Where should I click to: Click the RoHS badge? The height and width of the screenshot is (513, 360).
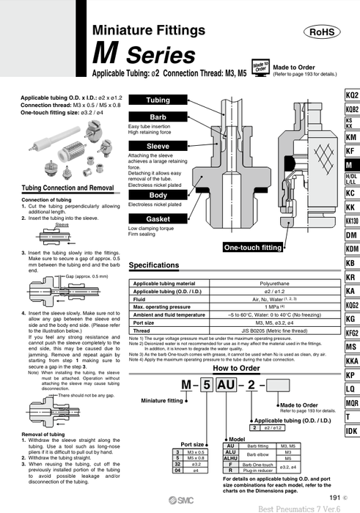[325, 32]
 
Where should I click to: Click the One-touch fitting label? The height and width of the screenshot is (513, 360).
[252, 247]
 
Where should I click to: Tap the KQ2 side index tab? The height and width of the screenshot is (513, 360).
[351, 96]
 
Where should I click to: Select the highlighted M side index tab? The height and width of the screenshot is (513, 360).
[351, 166]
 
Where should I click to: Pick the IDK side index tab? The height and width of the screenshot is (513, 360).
[351, 430]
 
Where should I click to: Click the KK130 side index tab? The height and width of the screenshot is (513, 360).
[351, 221]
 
